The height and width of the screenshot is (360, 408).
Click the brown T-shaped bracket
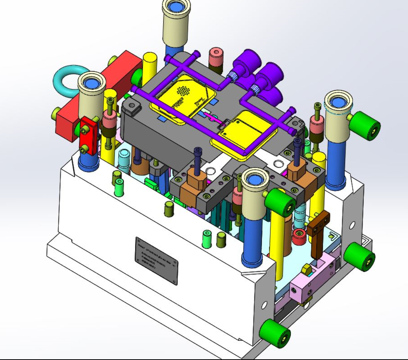[319, 231]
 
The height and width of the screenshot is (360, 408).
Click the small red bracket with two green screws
[89, 134]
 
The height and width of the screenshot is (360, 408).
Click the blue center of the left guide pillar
[90, 83]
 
